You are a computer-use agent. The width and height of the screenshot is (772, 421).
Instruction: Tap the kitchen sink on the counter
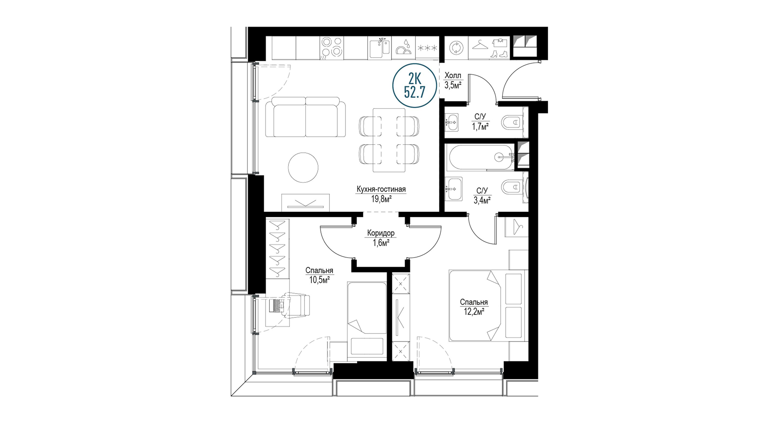pos(379,48)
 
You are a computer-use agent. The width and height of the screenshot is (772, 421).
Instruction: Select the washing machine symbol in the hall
pos(455,48)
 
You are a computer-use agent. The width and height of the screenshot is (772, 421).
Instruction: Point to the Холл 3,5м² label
pos(453,80)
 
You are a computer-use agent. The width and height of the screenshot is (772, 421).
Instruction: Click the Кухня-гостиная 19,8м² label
pos(381,194)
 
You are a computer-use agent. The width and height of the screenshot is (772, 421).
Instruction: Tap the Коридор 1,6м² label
pos(381,238)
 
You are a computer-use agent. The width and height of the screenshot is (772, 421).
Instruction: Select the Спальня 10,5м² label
pos(319,275)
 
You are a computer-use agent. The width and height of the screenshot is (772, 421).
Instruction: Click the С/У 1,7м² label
pos(480,121)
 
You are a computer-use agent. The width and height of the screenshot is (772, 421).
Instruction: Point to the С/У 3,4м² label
pos(482,195)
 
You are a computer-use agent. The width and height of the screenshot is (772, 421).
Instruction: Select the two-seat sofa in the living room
pos(305,117)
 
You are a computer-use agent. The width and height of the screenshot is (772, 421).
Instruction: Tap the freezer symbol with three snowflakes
pos(427,48)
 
